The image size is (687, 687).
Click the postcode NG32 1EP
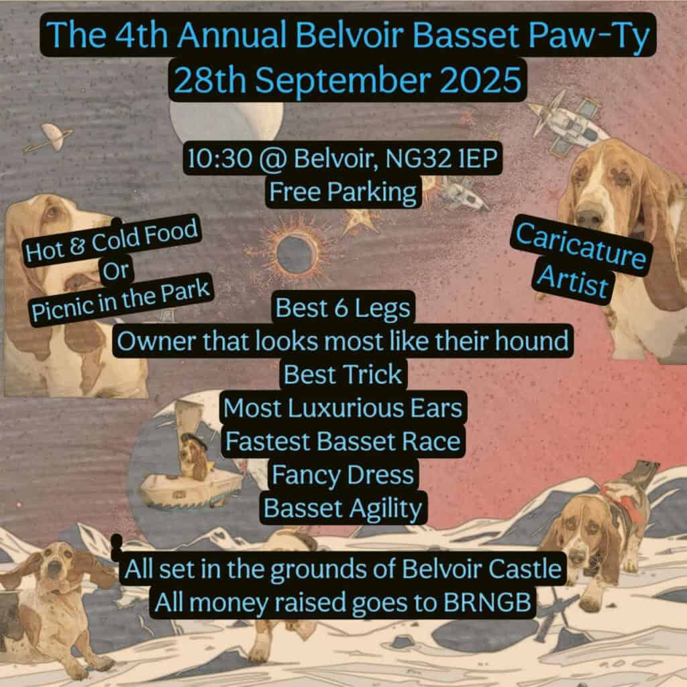[441, 158]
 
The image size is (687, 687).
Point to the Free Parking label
[343, 192]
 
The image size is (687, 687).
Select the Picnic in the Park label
[121, 301]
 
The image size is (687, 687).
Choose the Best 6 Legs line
[343, 307]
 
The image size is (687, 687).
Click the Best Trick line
[343, 374]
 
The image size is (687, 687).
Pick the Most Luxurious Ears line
[343, 408]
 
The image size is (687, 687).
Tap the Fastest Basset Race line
[343, 441]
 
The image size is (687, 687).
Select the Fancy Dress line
[343, 475]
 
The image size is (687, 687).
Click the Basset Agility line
[343, 509]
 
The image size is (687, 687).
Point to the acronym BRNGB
[487, 602]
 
